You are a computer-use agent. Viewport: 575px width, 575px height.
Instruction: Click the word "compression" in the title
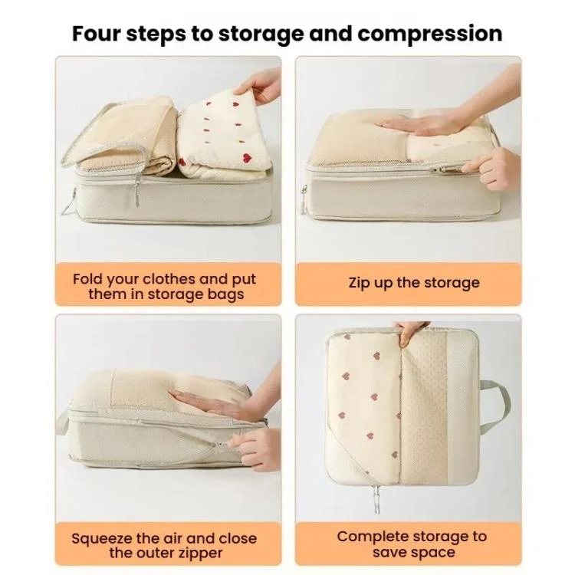pos(430,34)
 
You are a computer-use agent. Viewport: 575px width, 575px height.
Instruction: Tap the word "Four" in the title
pos(96,33)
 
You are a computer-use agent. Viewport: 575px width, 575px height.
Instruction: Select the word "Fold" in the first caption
pos(87,279)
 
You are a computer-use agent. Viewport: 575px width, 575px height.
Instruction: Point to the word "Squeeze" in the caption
pos(101,539)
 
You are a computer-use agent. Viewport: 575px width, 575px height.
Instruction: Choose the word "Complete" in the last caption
pos(370,537)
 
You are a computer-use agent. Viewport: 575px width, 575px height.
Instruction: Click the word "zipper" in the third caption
pos(200,554)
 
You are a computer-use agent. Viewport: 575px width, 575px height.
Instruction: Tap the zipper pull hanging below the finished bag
pos(376,498)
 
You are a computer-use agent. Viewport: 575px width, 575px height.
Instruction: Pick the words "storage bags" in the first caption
pos(195,295)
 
